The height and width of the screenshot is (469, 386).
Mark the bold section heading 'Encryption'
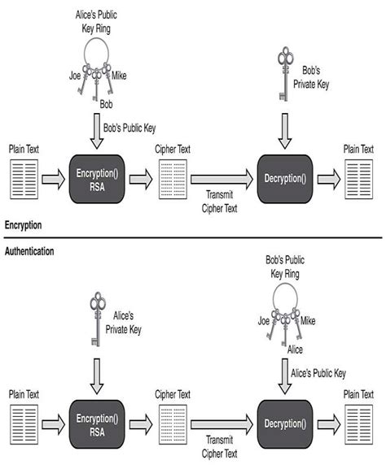coord(24,224)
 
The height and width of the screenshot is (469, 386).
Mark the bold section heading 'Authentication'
coord(29,252)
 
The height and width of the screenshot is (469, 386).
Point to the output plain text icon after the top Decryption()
coord(358,179)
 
